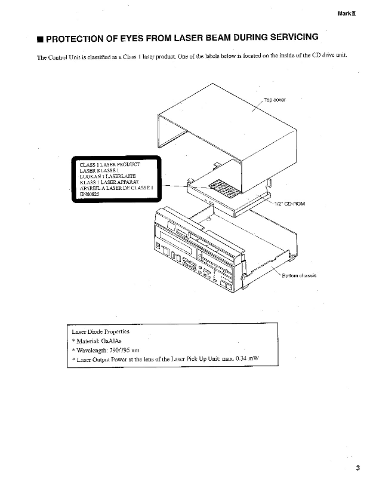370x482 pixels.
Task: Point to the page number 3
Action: [357, 468]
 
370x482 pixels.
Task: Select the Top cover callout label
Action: [275, 100]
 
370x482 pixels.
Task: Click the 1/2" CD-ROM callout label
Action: [291, 204]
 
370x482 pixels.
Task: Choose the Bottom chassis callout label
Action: [300, 275]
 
